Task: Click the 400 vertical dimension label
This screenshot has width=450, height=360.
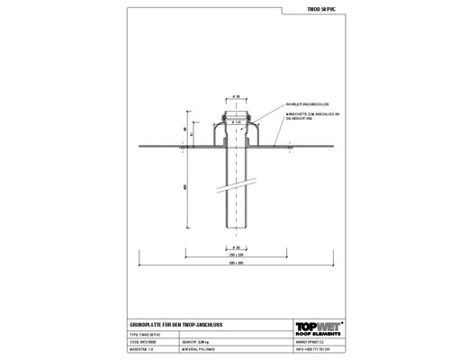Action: pos(185,185)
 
